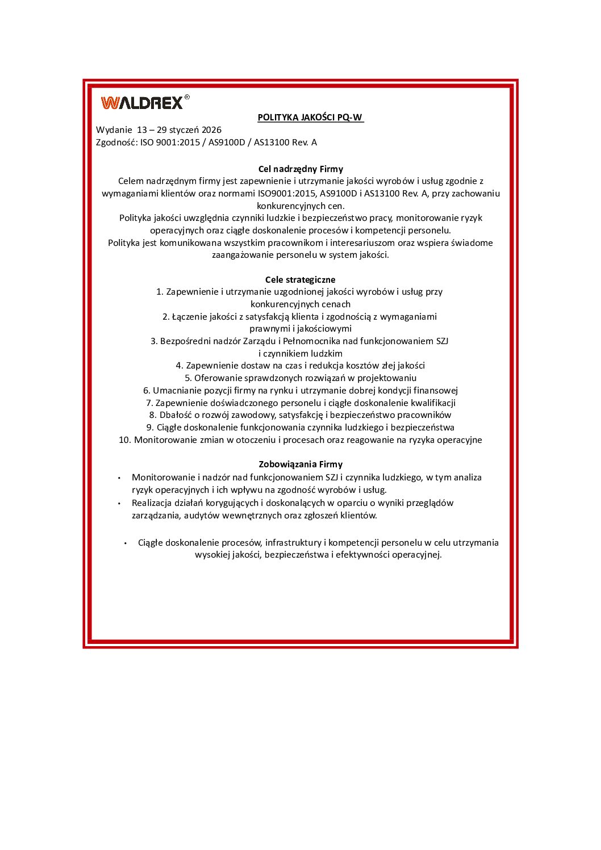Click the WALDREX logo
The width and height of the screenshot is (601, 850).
(142, 103)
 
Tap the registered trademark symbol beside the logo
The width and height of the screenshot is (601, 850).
(187, 97)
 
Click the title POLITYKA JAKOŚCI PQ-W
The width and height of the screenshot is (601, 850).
(310, 118)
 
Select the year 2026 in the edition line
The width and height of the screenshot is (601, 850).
(211, 130)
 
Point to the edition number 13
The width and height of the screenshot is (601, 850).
(142, 130)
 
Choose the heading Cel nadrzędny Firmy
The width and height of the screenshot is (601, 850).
(300, 169)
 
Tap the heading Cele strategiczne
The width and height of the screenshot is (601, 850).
(300, 279)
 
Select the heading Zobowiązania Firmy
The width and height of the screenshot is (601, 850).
(300, 464)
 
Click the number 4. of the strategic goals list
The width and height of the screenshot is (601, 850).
(180, 366)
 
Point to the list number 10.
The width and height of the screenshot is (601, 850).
(124, 440)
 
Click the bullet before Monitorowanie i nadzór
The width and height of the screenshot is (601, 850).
(119, 478)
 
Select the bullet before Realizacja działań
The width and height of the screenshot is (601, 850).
(119, 504)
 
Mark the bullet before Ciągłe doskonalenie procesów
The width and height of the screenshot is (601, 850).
(126, 543)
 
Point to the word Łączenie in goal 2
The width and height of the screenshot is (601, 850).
(190, 317)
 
